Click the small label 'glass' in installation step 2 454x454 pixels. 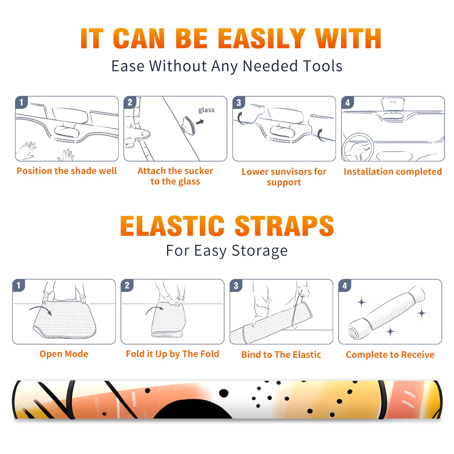[x=206, y=110]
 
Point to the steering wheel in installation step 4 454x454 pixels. [x=358, y=147]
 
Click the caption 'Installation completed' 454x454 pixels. [x=393, y=172]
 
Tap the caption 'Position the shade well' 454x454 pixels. [x=67, y=171]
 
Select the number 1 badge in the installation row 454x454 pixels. [x=22, y=102]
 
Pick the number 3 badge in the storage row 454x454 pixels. [x=236, y=285]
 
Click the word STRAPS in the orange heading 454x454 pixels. [x=284, y=226]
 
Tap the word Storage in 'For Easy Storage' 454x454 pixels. [x=260, y=251]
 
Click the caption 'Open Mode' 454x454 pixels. [x=64, y=354]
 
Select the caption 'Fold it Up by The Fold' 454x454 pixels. [x=173, y=354]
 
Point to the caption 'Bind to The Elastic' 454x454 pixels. [x=281, y=355]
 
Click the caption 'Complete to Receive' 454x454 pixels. [x=390, y=355]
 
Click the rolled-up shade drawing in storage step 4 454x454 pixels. [x=387, y=313]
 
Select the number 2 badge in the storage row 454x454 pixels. [x=127, y=285]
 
